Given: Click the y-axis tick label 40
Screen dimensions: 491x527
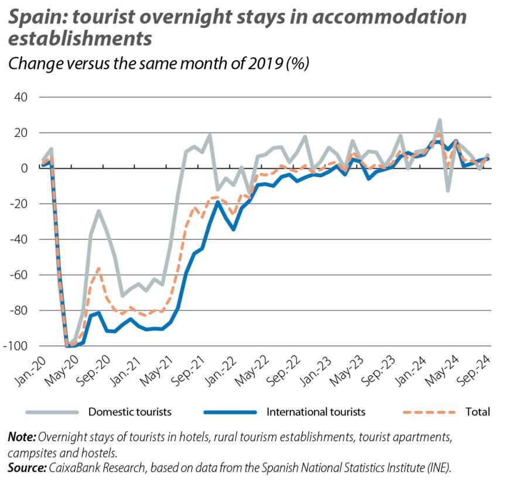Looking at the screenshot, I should click(20, 97).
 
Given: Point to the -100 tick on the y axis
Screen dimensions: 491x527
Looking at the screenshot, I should click(16, 346).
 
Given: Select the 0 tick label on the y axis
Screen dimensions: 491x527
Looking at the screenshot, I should click(24, 168).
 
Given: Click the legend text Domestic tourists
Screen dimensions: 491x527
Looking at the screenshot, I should click(129, 412).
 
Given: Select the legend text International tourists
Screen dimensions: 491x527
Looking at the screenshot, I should click(316, 412).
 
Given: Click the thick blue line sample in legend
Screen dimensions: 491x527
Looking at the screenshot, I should click(229, 412).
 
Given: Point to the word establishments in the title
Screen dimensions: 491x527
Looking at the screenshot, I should click(80, 39).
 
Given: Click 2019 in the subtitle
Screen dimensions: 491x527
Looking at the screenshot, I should click(257, 63).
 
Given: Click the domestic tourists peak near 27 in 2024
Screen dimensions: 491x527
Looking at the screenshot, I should click(439, 120).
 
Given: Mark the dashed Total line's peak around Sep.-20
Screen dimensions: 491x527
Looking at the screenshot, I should click(98, 268).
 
